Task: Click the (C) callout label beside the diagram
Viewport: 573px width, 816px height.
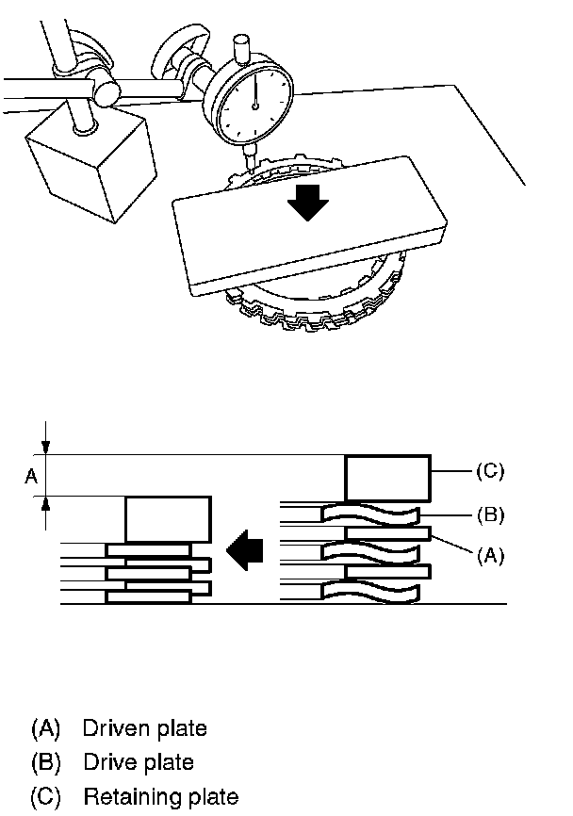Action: coord(489,471)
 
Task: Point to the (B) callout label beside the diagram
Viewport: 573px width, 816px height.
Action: coord(489,514)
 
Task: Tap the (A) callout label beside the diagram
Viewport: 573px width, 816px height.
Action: coord(489,556)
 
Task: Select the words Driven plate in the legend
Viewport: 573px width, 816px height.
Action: coord(144,728)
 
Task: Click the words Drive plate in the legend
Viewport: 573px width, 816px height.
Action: coord(138,762)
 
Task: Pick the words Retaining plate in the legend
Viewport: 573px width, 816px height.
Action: coord(160,797)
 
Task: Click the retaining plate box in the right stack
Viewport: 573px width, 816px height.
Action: coord(388,478)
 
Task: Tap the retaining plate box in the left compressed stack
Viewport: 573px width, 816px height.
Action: coord(167,518)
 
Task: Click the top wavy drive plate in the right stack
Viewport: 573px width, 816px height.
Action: coord(369,514)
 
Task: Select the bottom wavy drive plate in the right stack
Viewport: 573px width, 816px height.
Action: coord(369,591)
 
